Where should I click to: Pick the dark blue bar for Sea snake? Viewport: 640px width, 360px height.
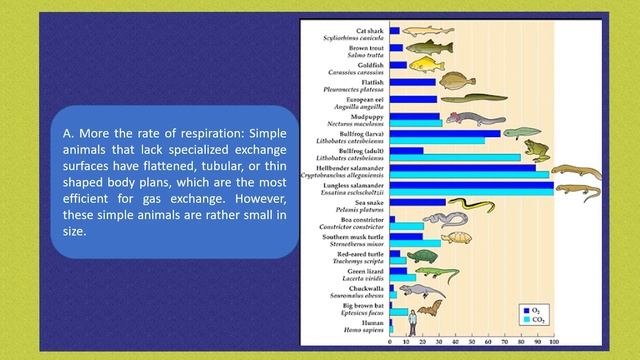[418, 202]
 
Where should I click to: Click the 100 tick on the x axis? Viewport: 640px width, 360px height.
[553, 343]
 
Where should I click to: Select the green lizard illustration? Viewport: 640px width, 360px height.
[437, 274]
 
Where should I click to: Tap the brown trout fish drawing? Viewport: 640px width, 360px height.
[427, 48]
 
